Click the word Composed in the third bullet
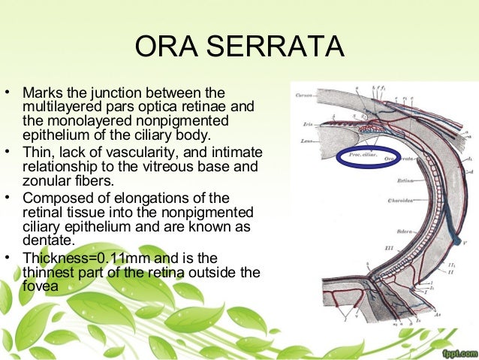[53, 198]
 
